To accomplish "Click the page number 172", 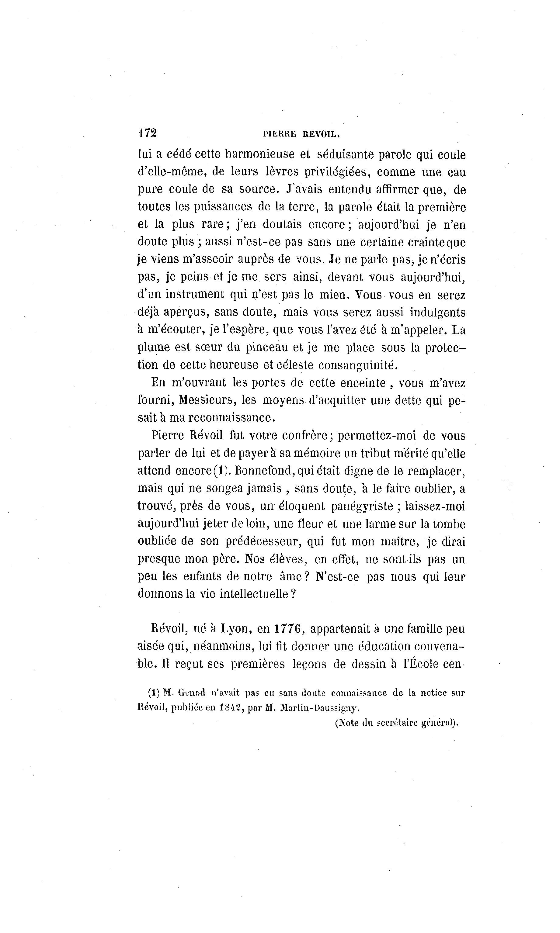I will click(x=147, y=133).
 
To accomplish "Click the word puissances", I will click(x=223, y=207).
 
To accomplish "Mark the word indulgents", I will click(x=438, y=312).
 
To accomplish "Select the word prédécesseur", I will click(x=263, y=541).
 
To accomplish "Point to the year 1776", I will click(x=288, y=629).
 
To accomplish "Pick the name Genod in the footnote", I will click(x=191, y=693).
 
